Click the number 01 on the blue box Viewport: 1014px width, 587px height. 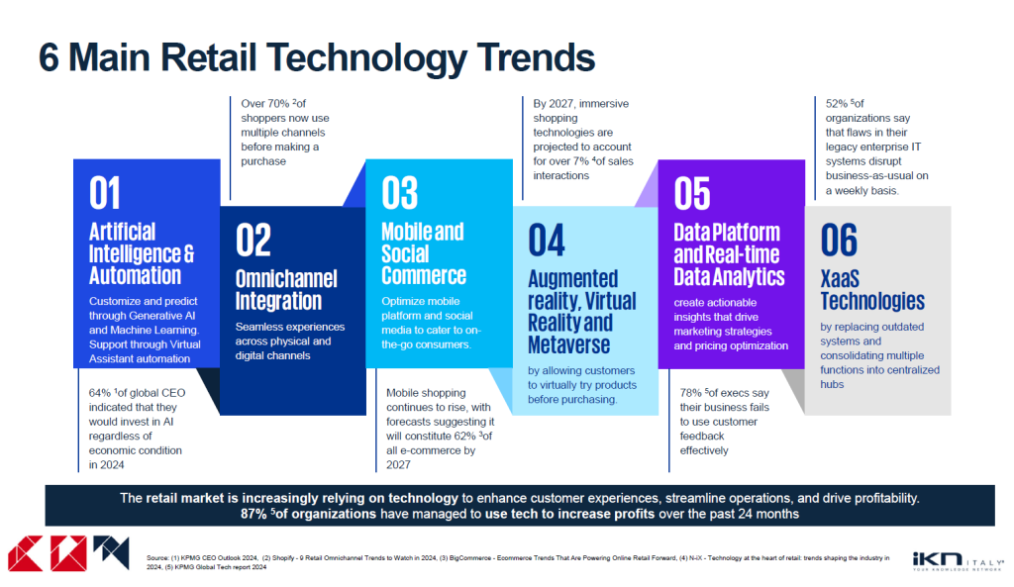click(x=105, y=193)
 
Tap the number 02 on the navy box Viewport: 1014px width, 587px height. click(x=253, y=241)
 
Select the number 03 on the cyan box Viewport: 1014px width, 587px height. click(x=399, y=193)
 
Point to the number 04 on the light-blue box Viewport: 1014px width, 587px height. click(x=546, y=241)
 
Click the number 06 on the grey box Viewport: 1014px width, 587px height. click(x=839, y=241)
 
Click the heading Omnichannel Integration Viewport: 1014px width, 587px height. click(x=286, y=290)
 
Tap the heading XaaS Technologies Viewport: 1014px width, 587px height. click(x=871, y=289)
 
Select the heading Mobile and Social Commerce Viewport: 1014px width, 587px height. click(x=423, y=252)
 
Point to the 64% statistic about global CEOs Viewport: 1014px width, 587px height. click(x=100, y=393)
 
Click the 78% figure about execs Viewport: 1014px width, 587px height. click(x=691, y=393)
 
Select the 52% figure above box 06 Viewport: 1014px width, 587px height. click(x=838, y=103)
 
